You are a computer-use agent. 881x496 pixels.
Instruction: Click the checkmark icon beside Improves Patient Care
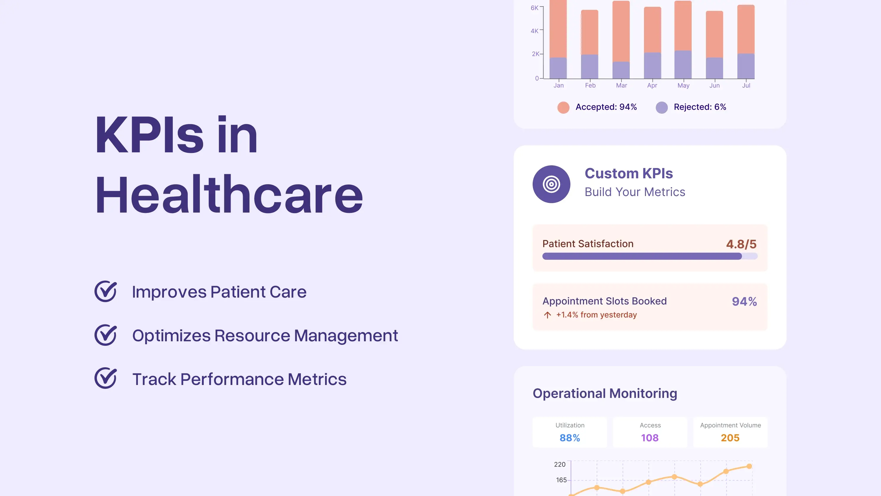pos(105,291)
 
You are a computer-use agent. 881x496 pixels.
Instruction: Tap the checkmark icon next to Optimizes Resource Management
pos(105,335)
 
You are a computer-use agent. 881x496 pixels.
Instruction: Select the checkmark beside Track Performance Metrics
pos(105,378)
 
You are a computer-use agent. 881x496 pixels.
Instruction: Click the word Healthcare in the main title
pos(229,195)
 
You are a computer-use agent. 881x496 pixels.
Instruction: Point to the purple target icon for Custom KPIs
pos(551,184)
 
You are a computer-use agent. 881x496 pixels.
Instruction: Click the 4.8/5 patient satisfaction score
pos(741,244)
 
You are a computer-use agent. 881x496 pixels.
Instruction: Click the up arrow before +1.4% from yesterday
pos(547,315)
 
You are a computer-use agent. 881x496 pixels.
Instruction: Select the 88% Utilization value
pos(570,438)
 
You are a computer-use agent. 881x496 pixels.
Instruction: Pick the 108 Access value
pos(650,438)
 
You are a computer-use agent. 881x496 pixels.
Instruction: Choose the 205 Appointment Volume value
pos(730,438)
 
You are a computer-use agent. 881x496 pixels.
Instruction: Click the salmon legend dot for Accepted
pos(563,107)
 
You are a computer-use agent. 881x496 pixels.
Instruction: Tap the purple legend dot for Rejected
pos(662,107)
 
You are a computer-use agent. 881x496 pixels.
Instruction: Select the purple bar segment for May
pos(683,65)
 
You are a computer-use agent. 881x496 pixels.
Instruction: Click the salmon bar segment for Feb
pos(590,32)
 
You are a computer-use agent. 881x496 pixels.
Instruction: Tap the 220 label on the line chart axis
pos(559,464)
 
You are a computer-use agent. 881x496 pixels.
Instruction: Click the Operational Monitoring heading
pos(605,393)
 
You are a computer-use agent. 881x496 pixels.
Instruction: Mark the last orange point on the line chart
pos(749,466)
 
